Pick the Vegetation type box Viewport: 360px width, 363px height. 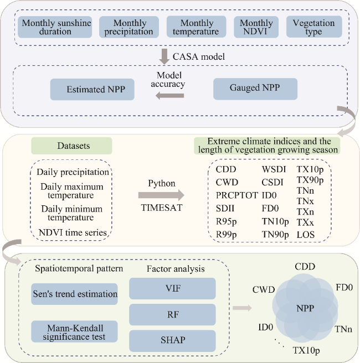point(313,27)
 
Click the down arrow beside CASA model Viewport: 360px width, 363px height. point(164,56)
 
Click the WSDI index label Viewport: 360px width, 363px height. point(274,168)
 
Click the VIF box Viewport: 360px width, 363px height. point(172,288)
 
